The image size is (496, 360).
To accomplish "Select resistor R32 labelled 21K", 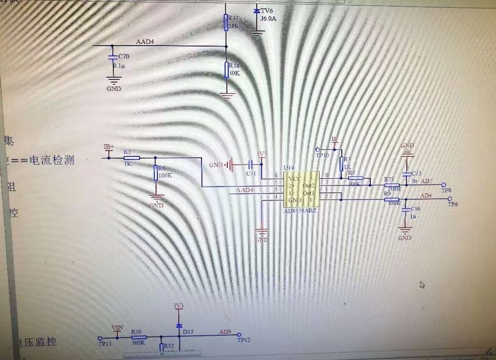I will pyautogui.click(x=226, y=22).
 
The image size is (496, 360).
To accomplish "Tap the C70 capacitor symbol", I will pyautogui.click(x=111, y=58).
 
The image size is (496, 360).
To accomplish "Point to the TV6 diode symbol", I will pyautogui.click(x=256, y=11).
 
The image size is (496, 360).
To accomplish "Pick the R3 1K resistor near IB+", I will pyautogui.click(x=131, y=157).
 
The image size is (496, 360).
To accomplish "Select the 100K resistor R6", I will pyautogui.click(x=155, y=173).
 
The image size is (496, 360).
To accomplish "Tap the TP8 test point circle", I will pyautogui.click(x=443, y=185).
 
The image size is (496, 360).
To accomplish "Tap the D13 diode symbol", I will pyautogui.click(x=179, y=326).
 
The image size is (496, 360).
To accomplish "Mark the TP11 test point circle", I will pyautogui.click(x=101, y=338).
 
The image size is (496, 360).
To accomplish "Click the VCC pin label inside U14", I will pyautogui.click(x=295, y=179).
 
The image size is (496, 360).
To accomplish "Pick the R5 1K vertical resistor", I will pyautogui.click(x=341, y=164).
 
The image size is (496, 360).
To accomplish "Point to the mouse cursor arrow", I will pyautogui.click(x=422, y=284).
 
